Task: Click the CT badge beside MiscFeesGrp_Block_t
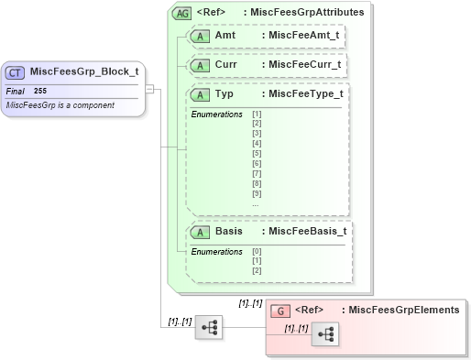16,72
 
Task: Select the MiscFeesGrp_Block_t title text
84,72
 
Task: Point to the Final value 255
41,92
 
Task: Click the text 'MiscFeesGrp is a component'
60,105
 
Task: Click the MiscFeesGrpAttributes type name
308,13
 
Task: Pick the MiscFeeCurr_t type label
301,66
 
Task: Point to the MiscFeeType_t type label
302,94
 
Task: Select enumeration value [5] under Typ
257,154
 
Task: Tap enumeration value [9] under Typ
257,193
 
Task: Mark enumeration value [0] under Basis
257,251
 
